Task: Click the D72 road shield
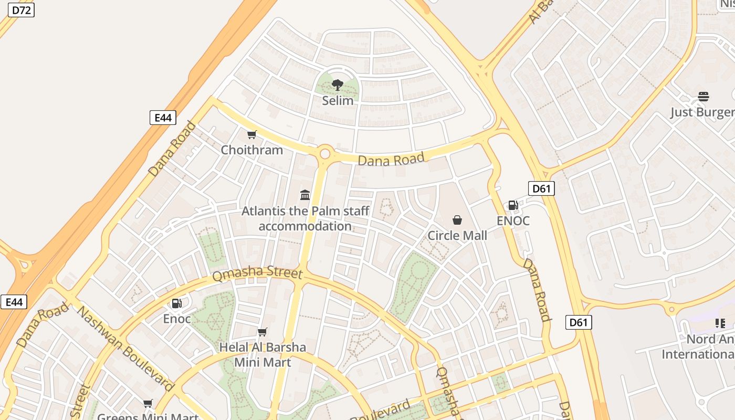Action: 21,9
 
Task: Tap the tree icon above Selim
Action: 338,85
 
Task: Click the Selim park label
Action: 338,100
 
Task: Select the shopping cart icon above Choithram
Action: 252,135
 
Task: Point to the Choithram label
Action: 252,150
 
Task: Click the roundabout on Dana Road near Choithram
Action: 325,154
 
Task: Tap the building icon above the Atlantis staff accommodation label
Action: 305,195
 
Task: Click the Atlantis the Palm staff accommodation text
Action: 305,218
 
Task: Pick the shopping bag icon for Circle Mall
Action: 457,220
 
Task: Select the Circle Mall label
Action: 457,235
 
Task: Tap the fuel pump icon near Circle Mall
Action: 513,205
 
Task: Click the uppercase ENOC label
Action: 513,220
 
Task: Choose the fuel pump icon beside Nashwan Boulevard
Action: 177,303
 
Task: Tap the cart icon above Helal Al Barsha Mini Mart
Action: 262,332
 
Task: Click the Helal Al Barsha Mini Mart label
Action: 262,354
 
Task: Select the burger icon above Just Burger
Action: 703,97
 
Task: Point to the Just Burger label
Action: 702,112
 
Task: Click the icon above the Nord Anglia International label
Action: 720,323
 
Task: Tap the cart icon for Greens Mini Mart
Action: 148,404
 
